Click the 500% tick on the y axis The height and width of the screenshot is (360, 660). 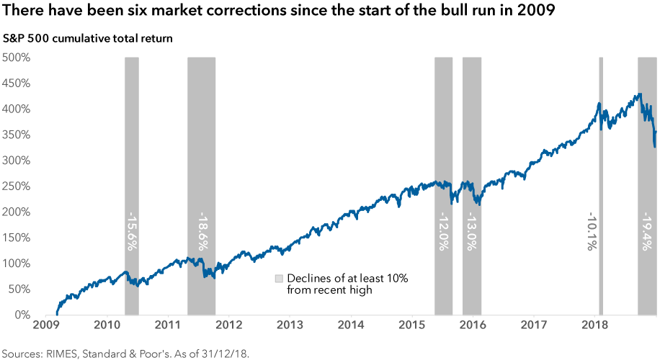15,57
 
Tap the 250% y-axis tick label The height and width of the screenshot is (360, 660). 15,186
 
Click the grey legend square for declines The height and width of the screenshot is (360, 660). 278,279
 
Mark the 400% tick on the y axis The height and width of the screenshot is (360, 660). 15,109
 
